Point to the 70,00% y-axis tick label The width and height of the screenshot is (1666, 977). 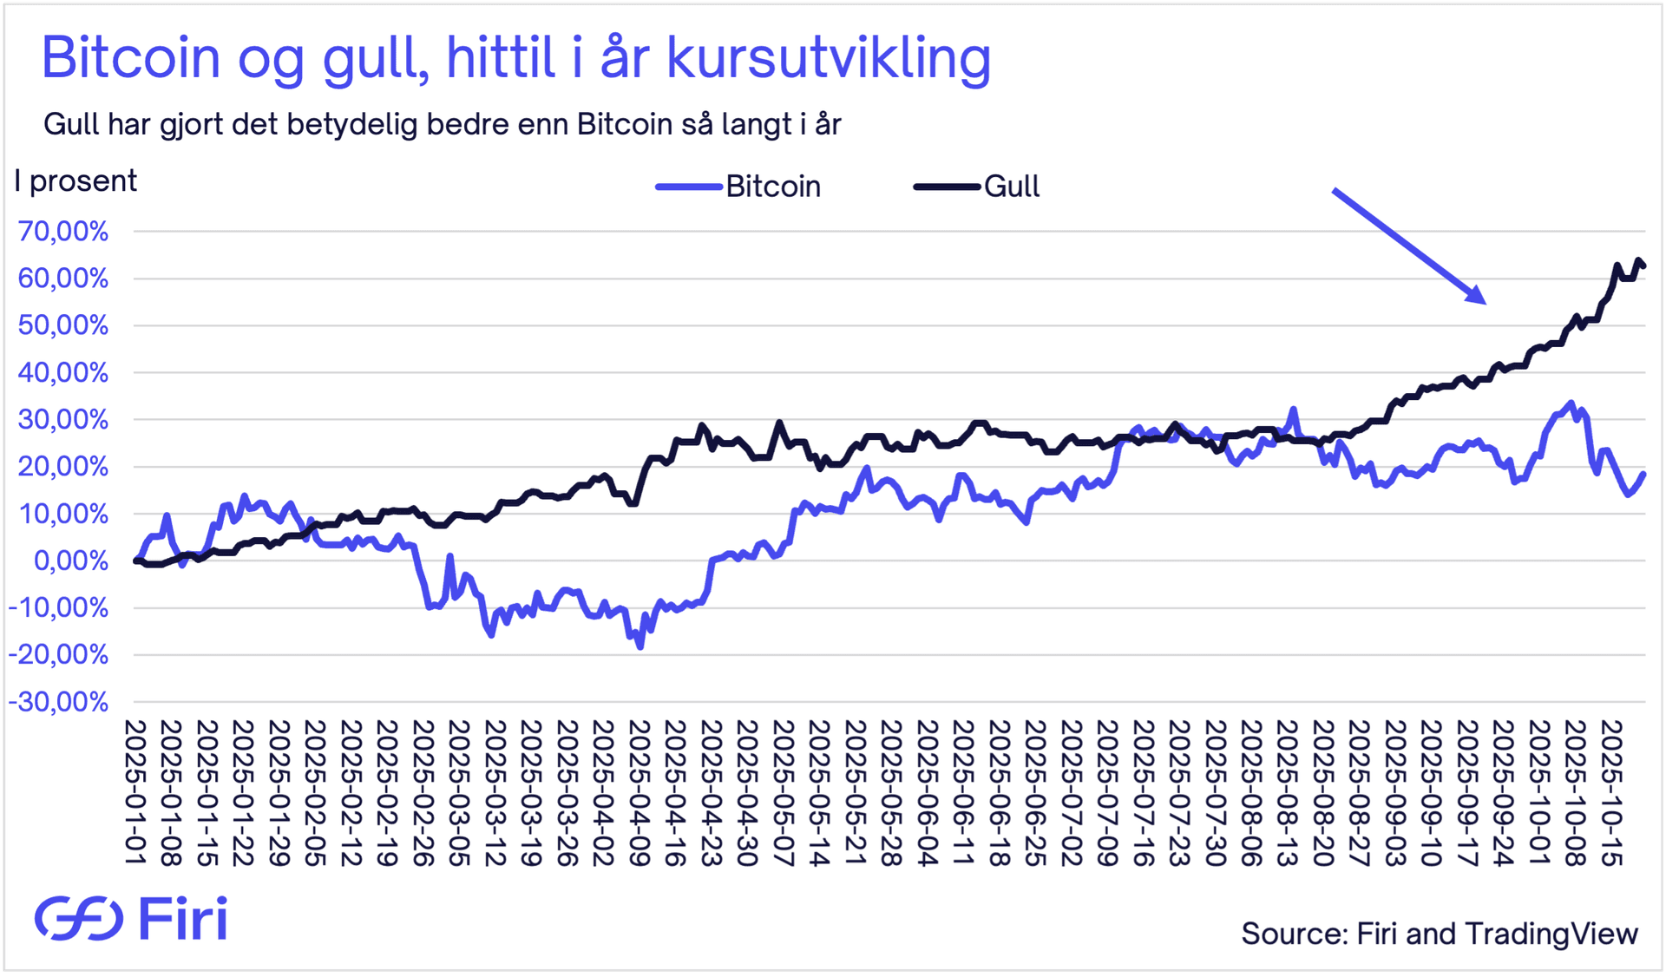click(x=63, y=232)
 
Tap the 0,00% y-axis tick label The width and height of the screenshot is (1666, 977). click(x=71, y=561)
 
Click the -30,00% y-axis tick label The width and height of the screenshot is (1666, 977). click(x=58, y=701)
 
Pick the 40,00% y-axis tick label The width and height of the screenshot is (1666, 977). click(x=63, y=373)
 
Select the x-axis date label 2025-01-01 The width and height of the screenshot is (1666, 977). click(x=135, y=791)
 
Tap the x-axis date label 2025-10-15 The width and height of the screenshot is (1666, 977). click(x=1610, y=791)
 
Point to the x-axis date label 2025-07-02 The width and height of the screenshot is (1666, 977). click(x=1071, y=791)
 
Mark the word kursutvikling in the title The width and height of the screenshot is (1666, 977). click(x=829, y=59)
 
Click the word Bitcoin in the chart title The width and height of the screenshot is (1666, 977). click(x=131, y=59)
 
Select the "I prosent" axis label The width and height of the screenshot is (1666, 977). click(x=75, y=181)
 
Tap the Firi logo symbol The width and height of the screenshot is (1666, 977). click(x=78, y=918)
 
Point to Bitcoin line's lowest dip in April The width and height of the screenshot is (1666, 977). click(x=640, y=646)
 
